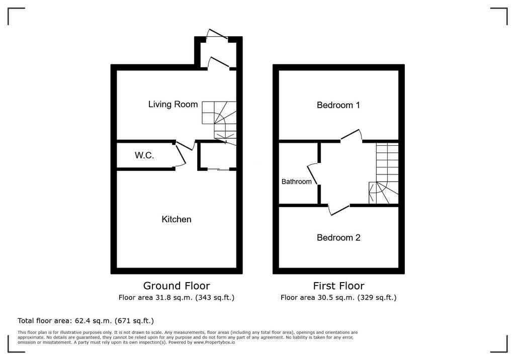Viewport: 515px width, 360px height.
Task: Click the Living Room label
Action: coord(173,105)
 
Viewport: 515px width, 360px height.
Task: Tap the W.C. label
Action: coord(144,155)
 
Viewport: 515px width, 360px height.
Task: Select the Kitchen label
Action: coord(177,219)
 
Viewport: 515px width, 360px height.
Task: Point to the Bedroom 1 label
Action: coord(338,105)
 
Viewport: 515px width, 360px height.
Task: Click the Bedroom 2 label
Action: coord(338,237)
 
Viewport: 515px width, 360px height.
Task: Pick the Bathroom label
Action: coord(297,182)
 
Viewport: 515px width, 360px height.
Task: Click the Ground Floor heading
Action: coord(177,286)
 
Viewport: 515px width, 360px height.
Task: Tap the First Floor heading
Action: coord(338,286)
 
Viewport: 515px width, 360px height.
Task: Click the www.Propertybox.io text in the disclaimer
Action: coord(214,342)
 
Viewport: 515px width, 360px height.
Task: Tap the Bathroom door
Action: coord(312,174)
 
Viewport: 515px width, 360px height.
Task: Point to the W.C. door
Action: coord(181,155)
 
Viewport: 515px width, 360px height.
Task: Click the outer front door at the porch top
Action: coord(217,34)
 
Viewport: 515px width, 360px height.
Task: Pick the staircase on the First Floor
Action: coord(384,173)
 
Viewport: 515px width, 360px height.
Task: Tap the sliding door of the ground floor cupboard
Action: coord(218,169)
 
